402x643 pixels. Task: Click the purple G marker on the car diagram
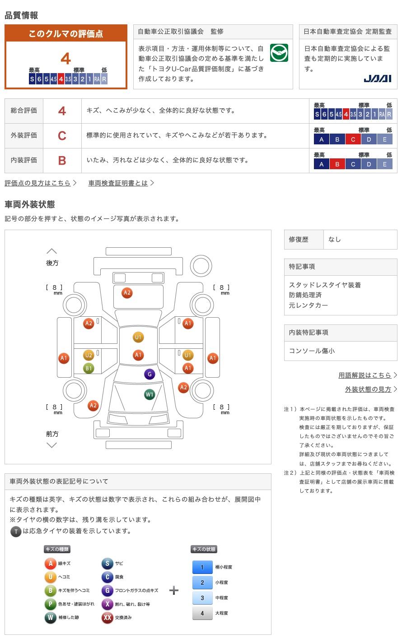point(150,374)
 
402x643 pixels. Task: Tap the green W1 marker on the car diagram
point(150,394)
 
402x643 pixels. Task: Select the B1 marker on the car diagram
point(89,368)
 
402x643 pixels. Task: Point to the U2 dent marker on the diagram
point(89,356)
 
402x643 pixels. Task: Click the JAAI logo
point(377,79)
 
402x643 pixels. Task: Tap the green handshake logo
point(279,53)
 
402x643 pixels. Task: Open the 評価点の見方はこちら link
point(38,183)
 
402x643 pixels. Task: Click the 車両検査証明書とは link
point(118,183)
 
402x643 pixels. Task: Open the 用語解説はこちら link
point(365,375)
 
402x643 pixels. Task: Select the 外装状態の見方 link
point(368,389)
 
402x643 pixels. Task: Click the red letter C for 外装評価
point(62,135)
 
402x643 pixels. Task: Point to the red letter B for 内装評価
point(62,160)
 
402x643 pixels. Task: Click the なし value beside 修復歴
point(335,239)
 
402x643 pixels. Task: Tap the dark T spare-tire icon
point(16,532)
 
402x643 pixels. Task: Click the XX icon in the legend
point(107,617)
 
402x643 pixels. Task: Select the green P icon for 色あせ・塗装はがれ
point(50,604)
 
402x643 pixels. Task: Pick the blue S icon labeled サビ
point(107,563)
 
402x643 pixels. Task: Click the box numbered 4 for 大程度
point(202,613)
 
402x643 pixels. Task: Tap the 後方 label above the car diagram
point(52,263)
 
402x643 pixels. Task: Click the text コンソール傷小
point(312,351)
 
